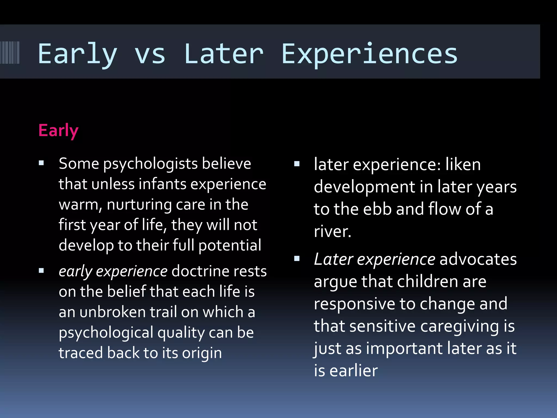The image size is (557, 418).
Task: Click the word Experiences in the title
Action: (369, 54)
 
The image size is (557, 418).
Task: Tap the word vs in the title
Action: (150, 54)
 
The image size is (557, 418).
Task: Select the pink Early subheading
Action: (58, 131)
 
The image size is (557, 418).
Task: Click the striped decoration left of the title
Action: (10, 53)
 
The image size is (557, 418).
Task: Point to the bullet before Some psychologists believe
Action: (41, 163)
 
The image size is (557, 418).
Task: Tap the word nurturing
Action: (139, 205)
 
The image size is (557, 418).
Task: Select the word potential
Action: (230, 245)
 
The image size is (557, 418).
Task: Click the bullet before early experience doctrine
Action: (41, 271)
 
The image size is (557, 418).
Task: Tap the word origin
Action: (202, 353)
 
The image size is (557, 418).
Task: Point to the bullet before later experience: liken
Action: (297, 164)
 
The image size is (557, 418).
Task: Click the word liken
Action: (463, 165)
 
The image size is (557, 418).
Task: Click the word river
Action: (332, 232)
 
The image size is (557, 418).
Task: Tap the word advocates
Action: (478, 259)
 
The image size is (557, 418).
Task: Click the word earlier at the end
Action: (353, 371)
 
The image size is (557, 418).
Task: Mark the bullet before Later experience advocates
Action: (297, 259)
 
